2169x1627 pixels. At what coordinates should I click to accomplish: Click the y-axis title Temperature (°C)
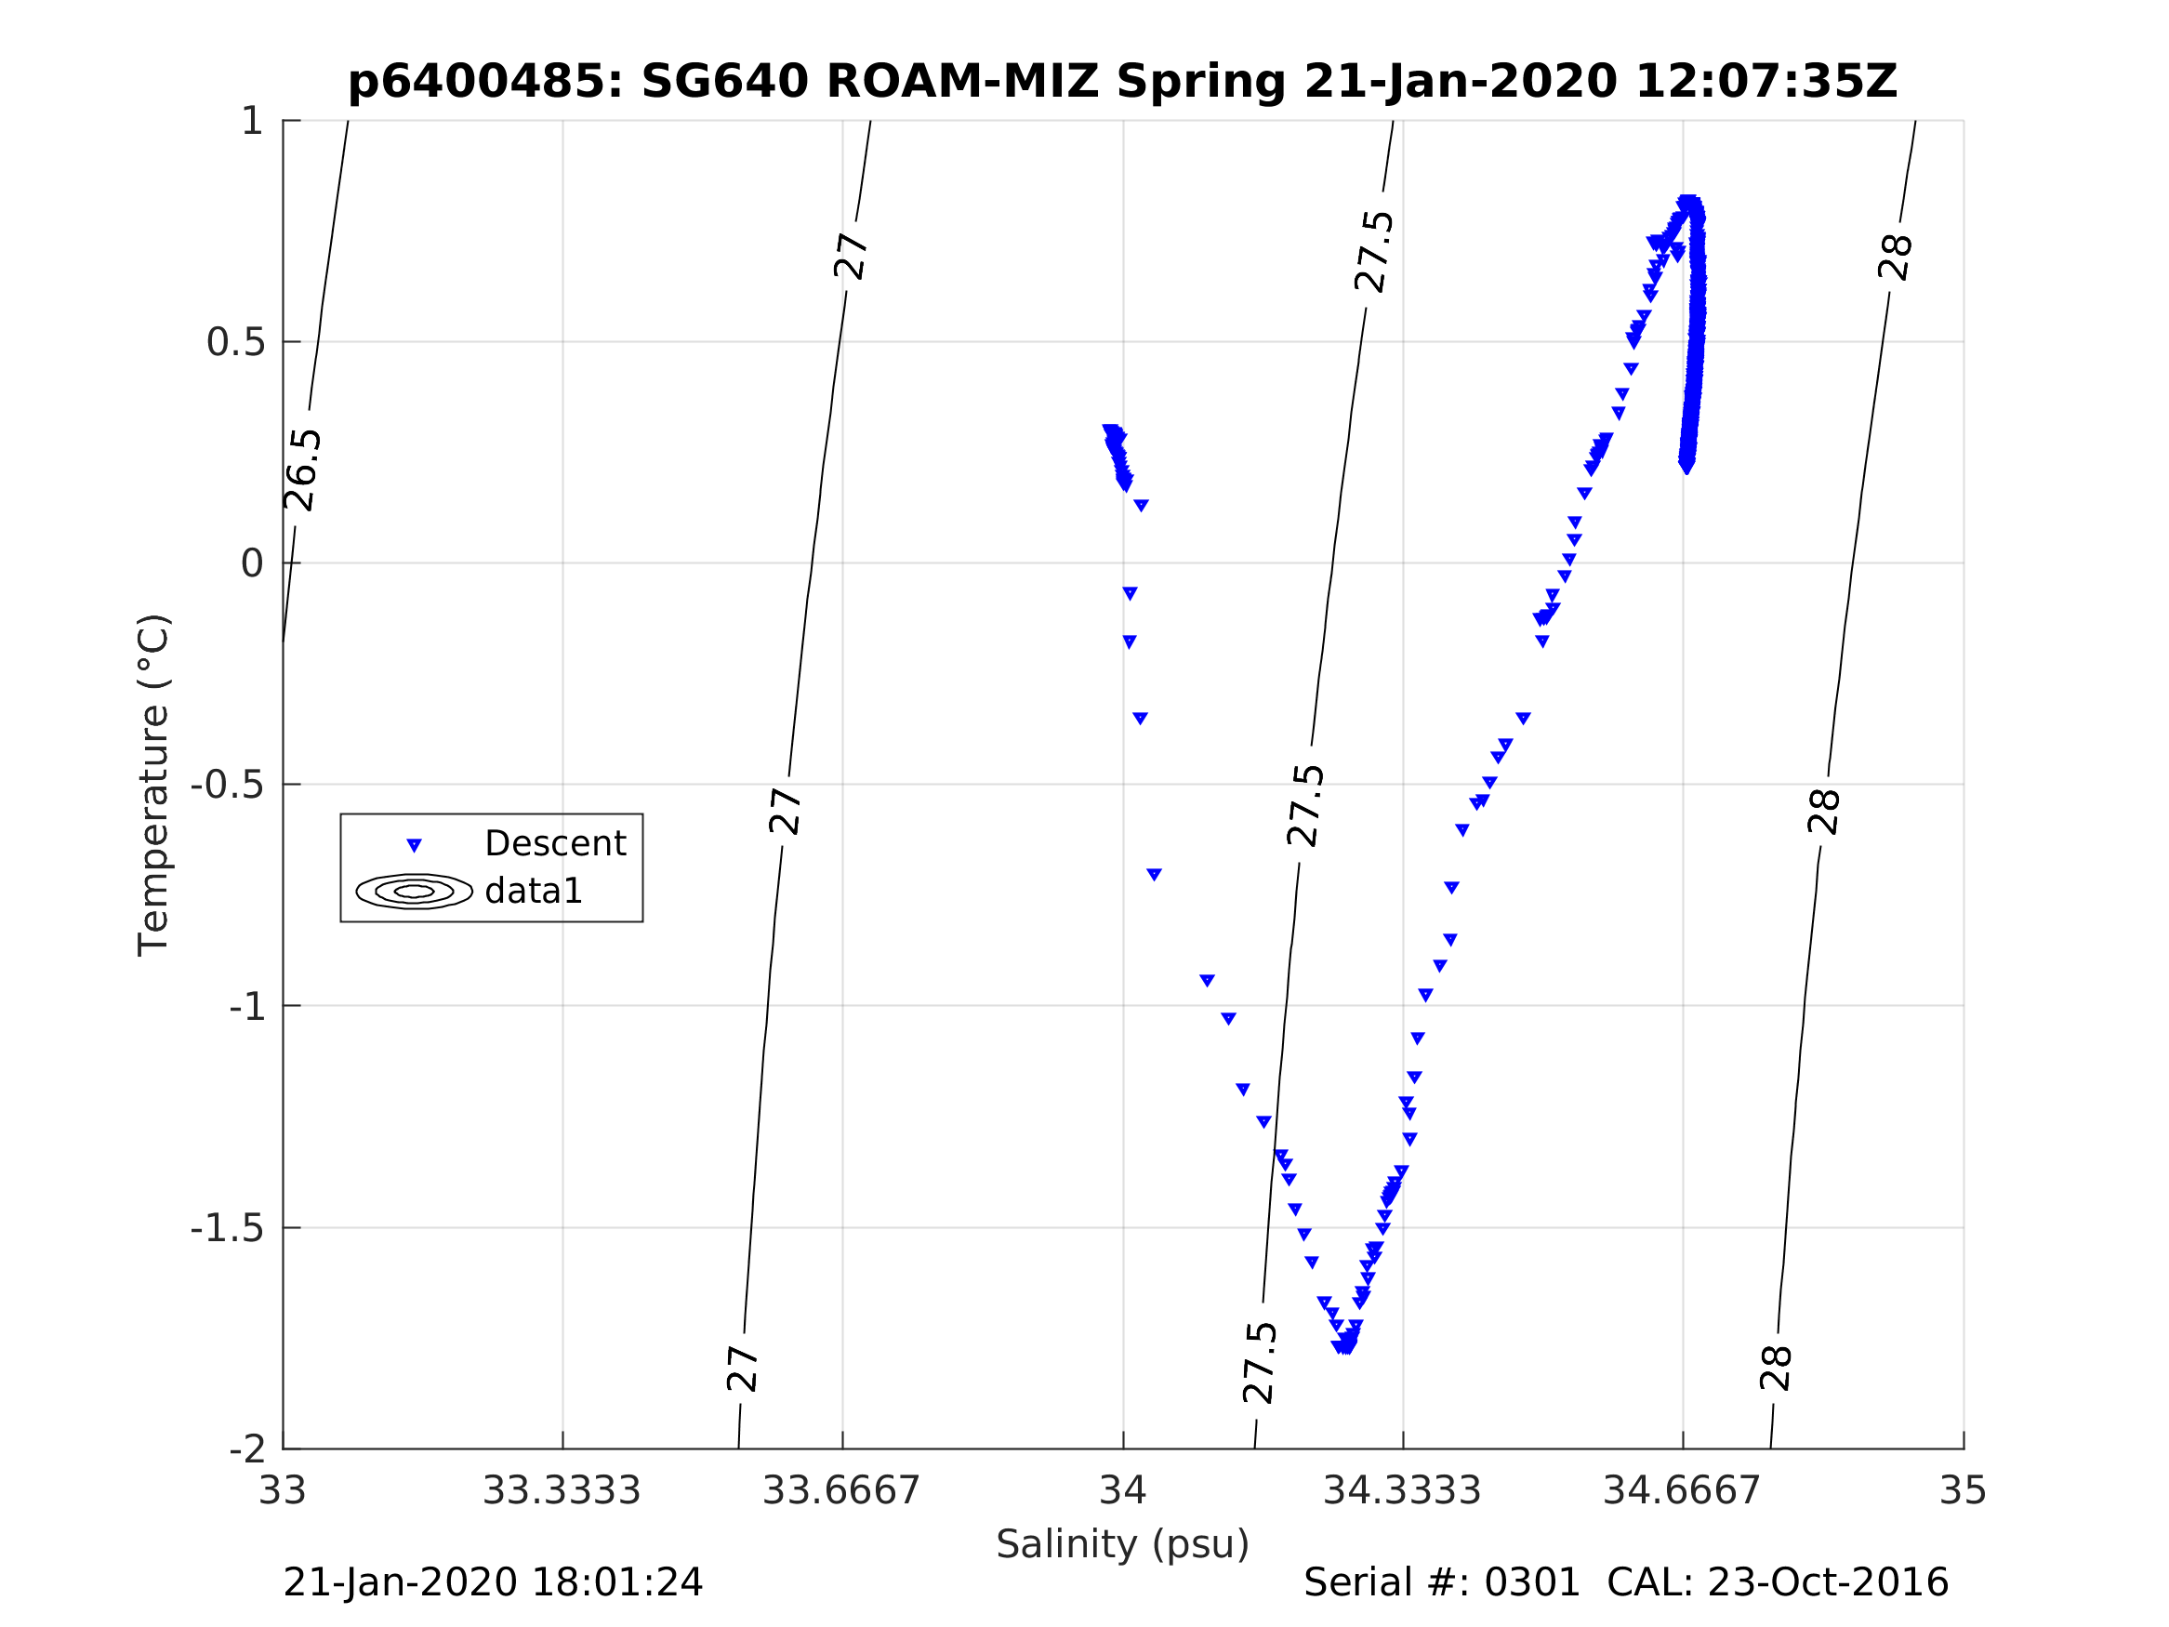click(154, 785)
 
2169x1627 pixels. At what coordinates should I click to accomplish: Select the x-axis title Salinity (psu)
click(1123, 1544)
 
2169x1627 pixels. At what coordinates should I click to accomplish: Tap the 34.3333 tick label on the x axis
click(1402, 1491)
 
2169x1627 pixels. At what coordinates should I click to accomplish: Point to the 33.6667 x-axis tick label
click(841, 1491)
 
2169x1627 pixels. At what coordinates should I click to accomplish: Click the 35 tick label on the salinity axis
click(1964, 1491)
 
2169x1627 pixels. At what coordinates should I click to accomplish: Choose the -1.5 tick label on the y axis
click(228, 1228)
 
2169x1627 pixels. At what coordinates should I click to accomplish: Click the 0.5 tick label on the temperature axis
click(235, 342)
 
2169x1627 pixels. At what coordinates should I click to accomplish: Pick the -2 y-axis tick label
click(247, 1448)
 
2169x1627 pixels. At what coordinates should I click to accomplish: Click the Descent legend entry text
click(555, 843)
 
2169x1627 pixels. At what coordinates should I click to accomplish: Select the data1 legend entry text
click(534, 891)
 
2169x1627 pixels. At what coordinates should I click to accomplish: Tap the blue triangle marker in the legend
click(414, 844)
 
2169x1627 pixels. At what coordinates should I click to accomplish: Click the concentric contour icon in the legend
click(414, 891)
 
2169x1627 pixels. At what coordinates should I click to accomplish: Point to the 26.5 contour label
click(303, 470)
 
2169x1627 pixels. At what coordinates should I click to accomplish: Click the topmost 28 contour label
click(1896, 258)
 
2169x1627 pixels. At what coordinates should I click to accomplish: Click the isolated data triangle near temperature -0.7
click(1154, 874)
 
